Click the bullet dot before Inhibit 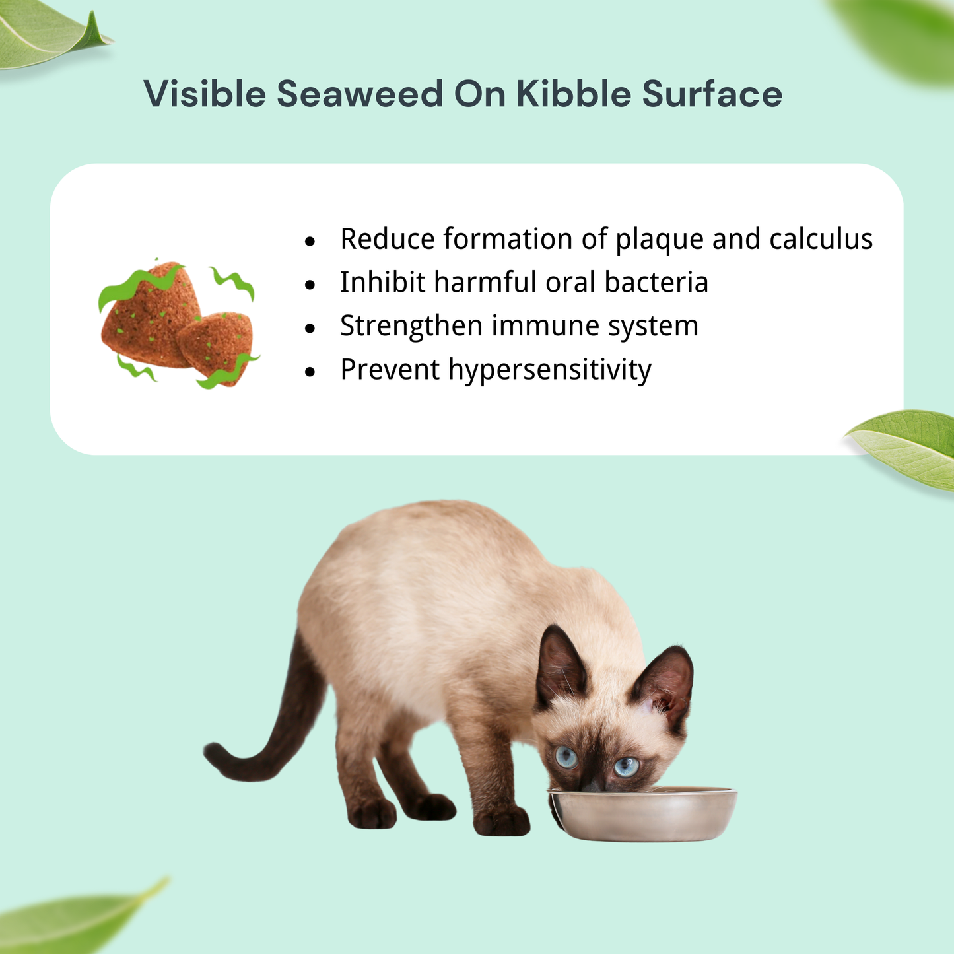[x=310, y=285]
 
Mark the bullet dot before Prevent [x=310, y=372]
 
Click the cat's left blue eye [x=566, y=756]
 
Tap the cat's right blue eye [x=625, y=767]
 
